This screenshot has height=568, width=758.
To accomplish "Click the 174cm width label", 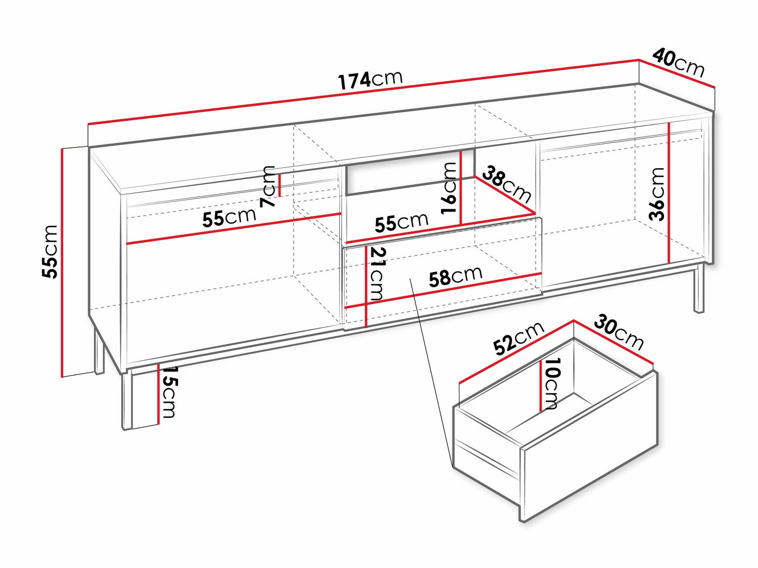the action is [x=370, y=81].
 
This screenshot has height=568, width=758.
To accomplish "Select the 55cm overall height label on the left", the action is [x=49, y=251].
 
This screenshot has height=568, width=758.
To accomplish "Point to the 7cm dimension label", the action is [x=268, y=186].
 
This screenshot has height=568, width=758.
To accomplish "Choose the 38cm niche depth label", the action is [x=506, y=184].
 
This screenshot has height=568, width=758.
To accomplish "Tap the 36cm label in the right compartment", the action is [x=656, y=194].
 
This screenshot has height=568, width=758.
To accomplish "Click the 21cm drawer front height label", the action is [x=377, y=274].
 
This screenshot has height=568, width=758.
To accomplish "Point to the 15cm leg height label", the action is [x=168, y=392].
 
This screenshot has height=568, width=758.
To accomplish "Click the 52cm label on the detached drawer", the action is [x=519, y=338].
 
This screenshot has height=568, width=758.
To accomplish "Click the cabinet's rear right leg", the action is [x=698, y=289].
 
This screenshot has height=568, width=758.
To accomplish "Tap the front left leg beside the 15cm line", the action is [x=127, y=401].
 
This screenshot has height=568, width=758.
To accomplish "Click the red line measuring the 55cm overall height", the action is [x=63, y=263].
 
